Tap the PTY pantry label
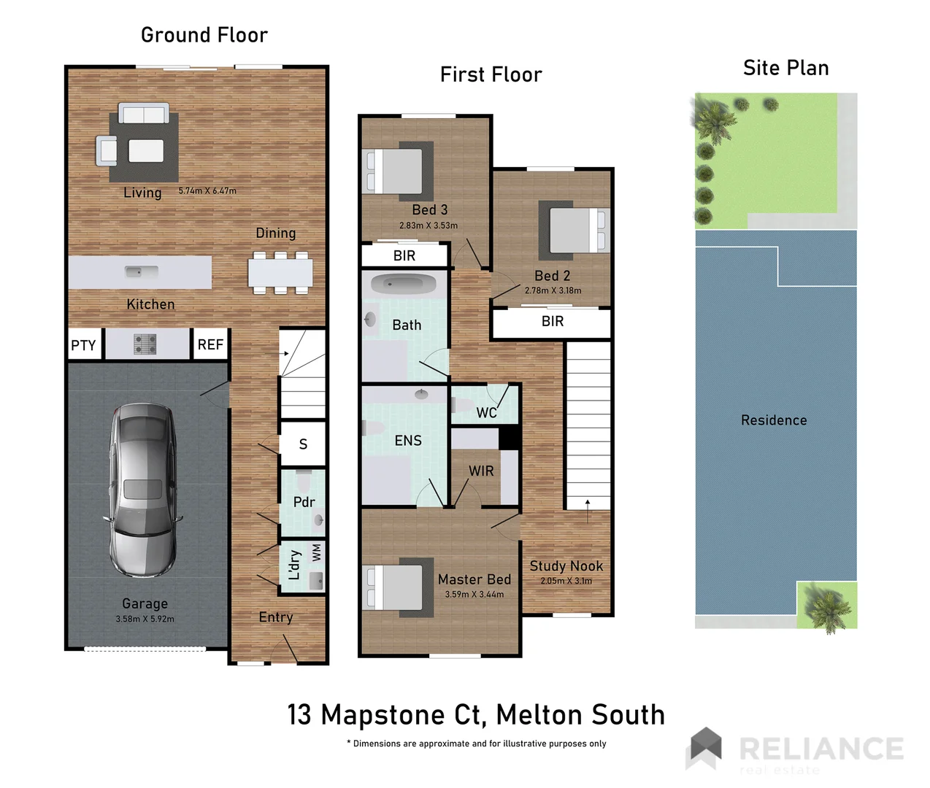coord(83,345)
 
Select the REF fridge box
coord(210,344)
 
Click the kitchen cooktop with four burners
coord(145,344)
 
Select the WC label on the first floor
coord(486,413)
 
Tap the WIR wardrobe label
coord(481,471)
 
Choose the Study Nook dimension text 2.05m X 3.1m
coord(566,581)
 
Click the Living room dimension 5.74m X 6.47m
coord(207,191)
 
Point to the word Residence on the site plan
coord(774,420)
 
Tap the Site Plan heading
coord(785,68)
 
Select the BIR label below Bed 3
coord(404,255)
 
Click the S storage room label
coord(303,444)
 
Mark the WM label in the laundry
coord(316,553)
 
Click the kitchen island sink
coord(141,272)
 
